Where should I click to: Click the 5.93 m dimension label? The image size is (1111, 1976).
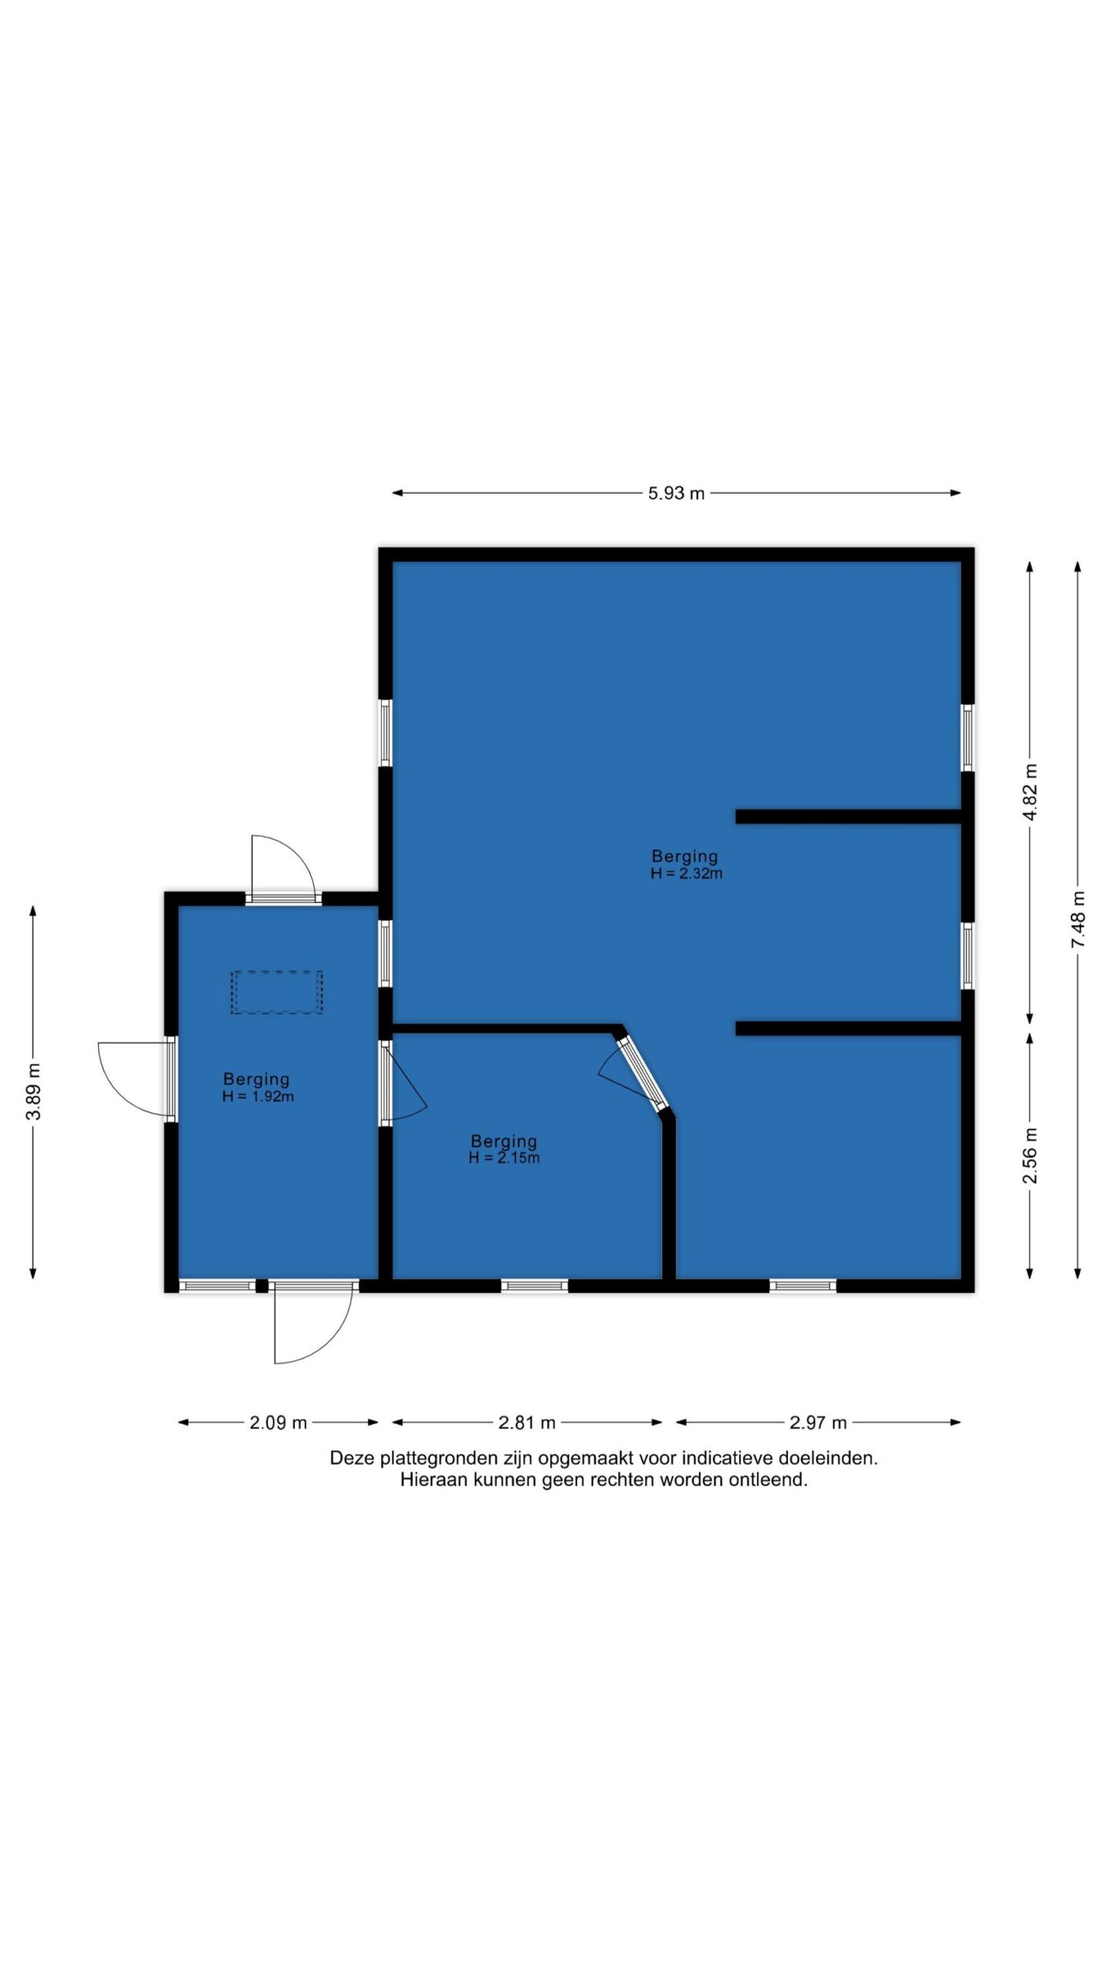click(676, 493)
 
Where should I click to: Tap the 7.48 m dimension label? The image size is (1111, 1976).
click(1078, 919)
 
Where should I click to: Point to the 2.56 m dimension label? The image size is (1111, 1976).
click(1030, 1155)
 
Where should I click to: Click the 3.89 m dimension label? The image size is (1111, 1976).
click(32, 1091)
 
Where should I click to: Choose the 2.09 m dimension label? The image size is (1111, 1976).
click(278, 1423)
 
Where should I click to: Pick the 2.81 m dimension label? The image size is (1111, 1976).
click(527, 1423)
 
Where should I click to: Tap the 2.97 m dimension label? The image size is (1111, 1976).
click(818, 1423)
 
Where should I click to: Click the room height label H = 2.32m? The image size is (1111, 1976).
click(687, 874)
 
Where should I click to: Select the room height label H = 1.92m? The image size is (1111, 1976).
click(258, 1097)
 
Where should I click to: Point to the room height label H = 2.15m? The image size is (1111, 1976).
click(504, 1158)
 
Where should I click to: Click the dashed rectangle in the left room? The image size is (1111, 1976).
click(277, 993)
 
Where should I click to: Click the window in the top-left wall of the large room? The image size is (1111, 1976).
click(385, 733)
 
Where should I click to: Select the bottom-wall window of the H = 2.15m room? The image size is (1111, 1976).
click(535, 1285)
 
